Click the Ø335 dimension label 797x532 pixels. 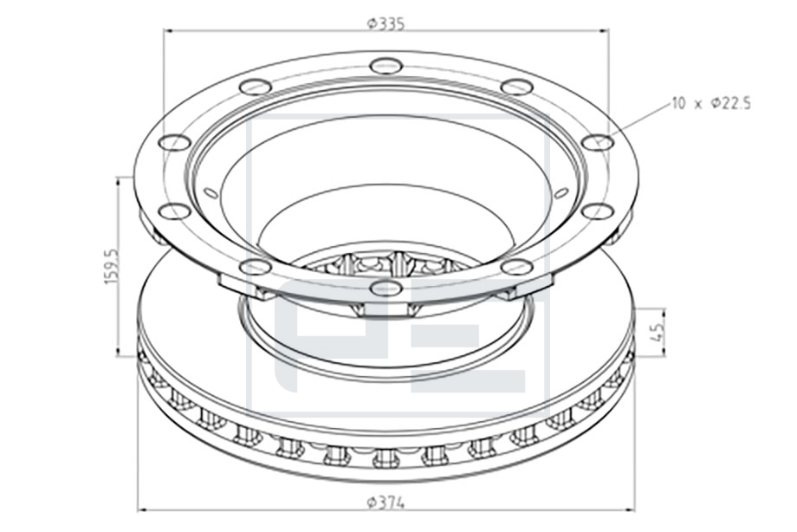(x=386, y=24)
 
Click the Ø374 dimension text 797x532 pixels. (x=386, y=503)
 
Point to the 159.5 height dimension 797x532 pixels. (x=111, y=267)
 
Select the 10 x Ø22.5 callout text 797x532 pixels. (x=710, y=104)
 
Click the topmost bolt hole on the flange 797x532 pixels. (x=386, y=65)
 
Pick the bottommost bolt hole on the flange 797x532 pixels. (x=386, y=288)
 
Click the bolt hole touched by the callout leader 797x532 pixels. (x=598, y=142)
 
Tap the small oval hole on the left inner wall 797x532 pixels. (x=211, y=192)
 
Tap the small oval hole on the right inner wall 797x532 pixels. (x=560, y=192)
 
